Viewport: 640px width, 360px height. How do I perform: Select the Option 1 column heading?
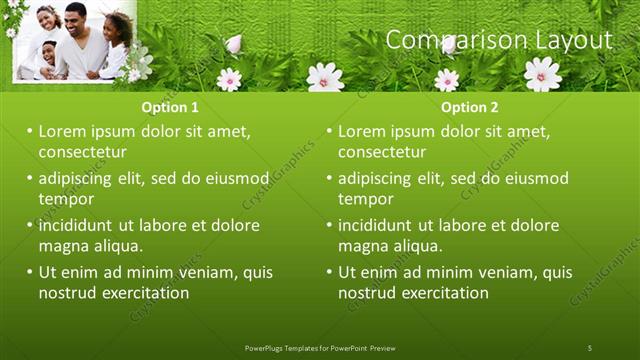(x=171, y=108)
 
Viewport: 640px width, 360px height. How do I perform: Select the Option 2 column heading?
(x=470, y=108)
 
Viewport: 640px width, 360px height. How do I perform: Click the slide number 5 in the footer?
(x=589, y=347)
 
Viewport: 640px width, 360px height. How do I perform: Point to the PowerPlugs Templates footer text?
(x=319, y=347)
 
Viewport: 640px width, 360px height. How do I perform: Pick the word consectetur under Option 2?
(x=381, y=152)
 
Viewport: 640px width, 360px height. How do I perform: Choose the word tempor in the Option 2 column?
(x=365, y=199)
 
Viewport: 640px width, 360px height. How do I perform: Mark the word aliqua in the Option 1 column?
(x=116, y=246)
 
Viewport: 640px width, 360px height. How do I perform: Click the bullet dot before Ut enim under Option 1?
(x=29, y=272)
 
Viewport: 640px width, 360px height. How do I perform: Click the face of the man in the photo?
(x=77, y=17)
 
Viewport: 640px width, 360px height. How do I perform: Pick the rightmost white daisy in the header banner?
(x=542, y=73)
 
